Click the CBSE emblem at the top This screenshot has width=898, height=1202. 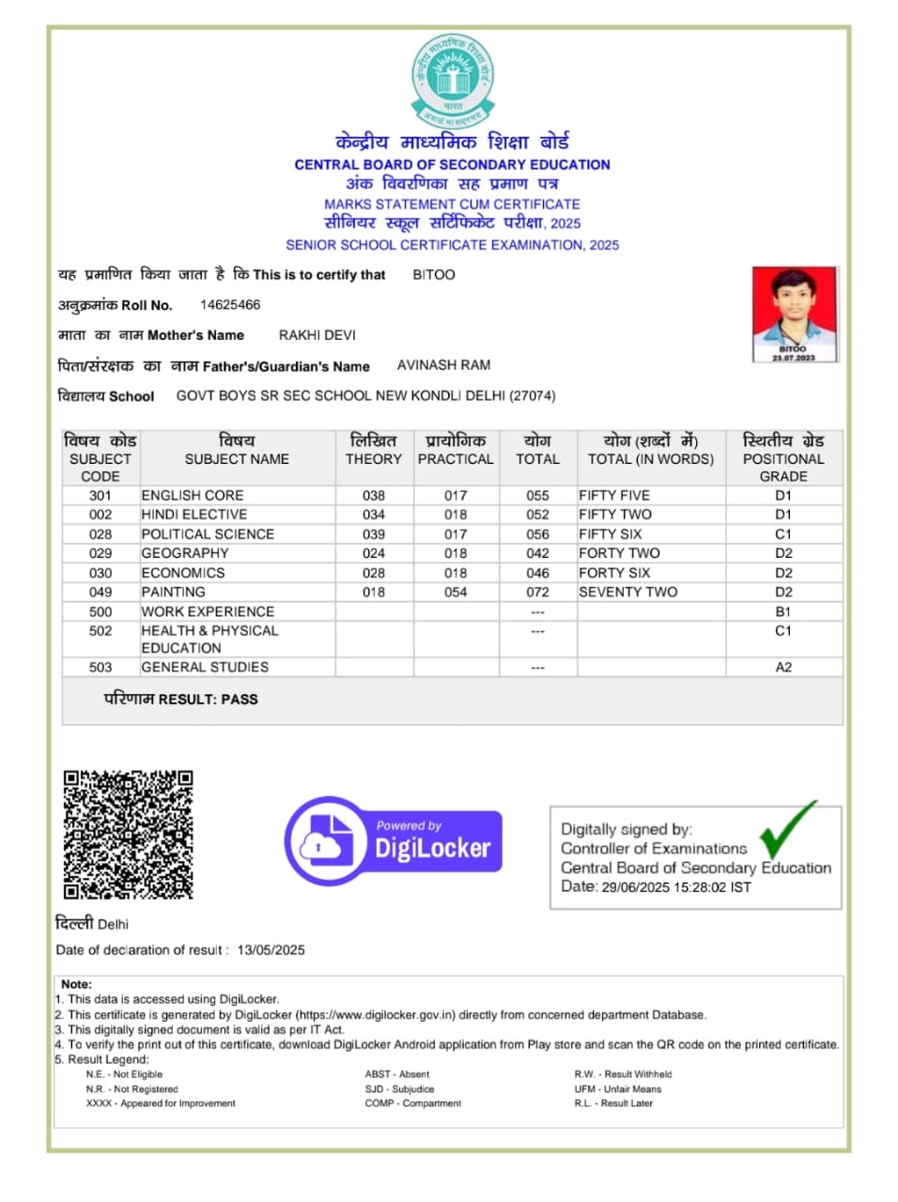point(452,81)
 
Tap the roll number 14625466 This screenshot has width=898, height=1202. point(230,305)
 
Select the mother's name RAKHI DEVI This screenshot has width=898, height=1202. point(317,335)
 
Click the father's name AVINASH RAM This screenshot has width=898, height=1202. point(443,365)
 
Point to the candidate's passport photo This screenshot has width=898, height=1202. point(794,314)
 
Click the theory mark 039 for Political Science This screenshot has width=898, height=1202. point(374,534)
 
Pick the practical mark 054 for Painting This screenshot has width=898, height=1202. point(456,593)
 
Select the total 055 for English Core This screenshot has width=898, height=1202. point(537,496)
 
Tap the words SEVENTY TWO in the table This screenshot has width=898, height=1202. point(627,593)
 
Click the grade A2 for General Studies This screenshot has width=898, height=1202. point(783,668)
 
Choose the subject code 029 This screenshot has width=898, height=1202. point(101,554)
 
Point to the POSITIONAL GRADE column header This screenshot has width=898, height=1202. point(783,458)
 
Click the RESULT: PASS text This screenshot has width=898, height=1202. point(180,700)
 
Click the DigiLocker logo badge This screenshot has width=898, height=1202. point(394,840)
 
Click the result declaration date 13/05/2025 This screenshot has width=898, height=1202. point(271,950)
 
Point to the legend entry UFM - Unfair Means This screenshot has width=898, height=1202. point(618,1089)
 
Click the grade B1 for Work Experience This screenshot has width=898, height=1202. point(783,612)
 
